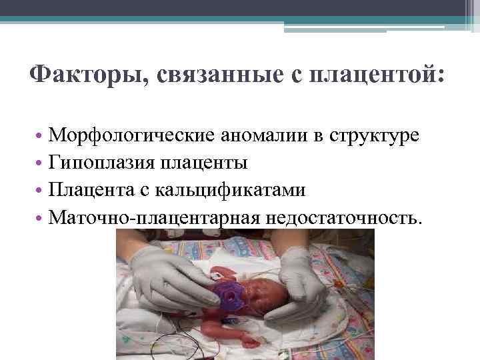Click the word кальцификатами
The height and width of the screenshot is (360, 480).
pos(231,190)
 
